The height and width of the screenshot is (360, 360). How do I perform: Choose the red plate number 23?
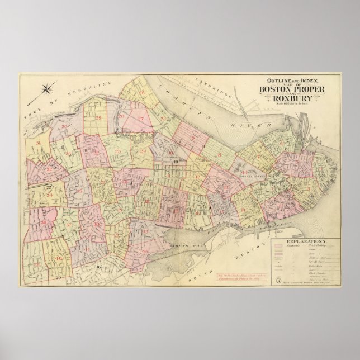[118, 151]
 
